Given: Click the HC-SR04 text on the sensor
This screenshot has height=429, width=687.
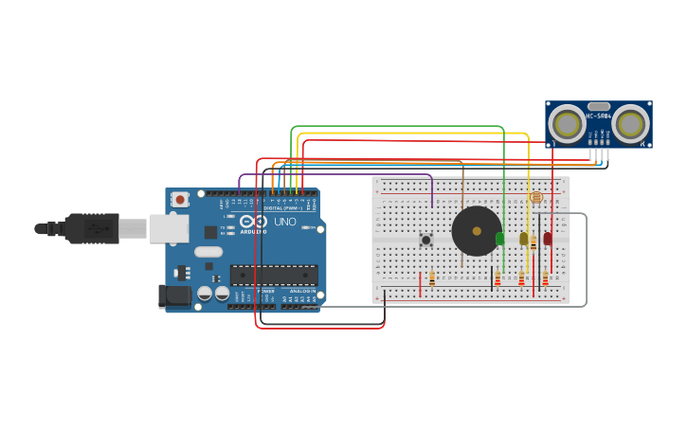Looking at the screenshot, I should coord(599,116).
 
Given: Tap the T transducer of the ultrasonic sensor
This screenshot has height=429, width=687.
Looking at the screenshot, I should coord(567,125).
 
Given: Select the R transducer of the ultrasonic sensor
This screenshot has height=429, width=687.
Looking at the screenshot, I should coord(630,125).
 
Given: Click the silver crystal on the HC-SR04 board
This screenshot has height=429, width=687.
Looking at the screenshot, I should coord(599,106).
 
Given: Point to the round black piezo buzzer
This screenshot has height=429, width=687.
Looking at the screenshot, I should coord(477,231).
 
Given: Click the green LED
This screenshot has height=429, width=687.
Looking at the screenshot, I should coord(500,239).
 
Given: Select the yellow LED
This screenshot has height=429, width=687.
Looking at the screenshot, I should coord(523,239).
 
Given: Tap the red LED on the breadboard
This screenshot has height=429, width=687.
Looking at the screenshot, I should coord(548,238).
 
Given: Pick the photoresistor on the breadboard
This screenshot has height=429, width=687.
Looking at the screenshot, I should coord(536,197).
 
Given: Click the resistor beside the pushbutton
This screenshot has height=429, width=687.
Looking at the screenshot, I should coord(432,278).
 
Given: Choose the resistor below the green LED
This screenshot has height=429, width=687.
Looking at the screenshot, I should coord(497,278).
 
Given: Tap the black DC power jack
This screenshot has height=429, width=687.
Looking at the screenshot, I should coord(176,295).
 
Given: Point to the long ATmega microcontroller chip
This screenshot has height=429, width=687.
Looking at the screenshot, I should coord(274,275).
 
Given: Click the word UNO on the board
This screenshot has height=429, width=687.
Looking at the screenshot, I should coord(285,222).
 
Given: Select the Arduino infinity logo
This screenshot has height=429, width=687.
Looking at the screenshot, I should coord(253,222).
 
